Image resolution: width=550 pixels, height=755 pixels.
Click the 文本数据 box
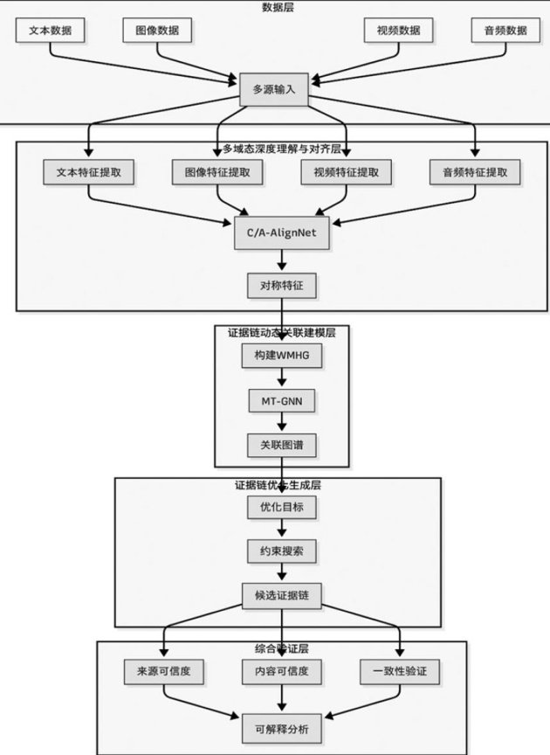coord(50,31)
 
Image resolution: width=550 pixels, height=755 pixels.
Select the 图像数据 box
coord(157,31)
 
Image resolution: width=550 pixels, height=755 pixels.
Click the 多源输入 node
coord(274,90)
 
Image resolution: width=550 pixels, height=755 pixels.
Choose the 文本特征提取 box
coord(88,172)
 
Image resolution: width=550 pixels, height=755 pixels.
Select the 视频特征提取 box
coord(347,172)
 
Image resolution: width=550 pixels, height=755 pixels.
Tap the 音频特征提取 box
coord(475,172)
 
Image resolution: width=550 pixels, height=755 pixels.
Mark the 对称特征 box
coord(280,285)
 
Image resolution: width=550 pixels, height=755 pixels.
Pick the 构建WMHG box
coord(281,356)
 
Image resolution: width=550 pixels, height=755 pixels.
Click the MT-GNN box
coord(281,401)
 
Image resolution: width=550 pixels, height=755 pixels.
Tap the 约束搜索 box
coord(281,551)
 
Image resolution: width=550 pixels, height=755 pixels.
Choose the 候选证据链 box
coord(281,596)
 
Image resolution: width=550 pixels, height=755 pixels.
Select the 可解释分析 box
coord(281,727)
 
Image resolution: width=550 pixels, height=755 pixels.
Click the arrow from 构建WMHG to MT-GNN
coord(281,378)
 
